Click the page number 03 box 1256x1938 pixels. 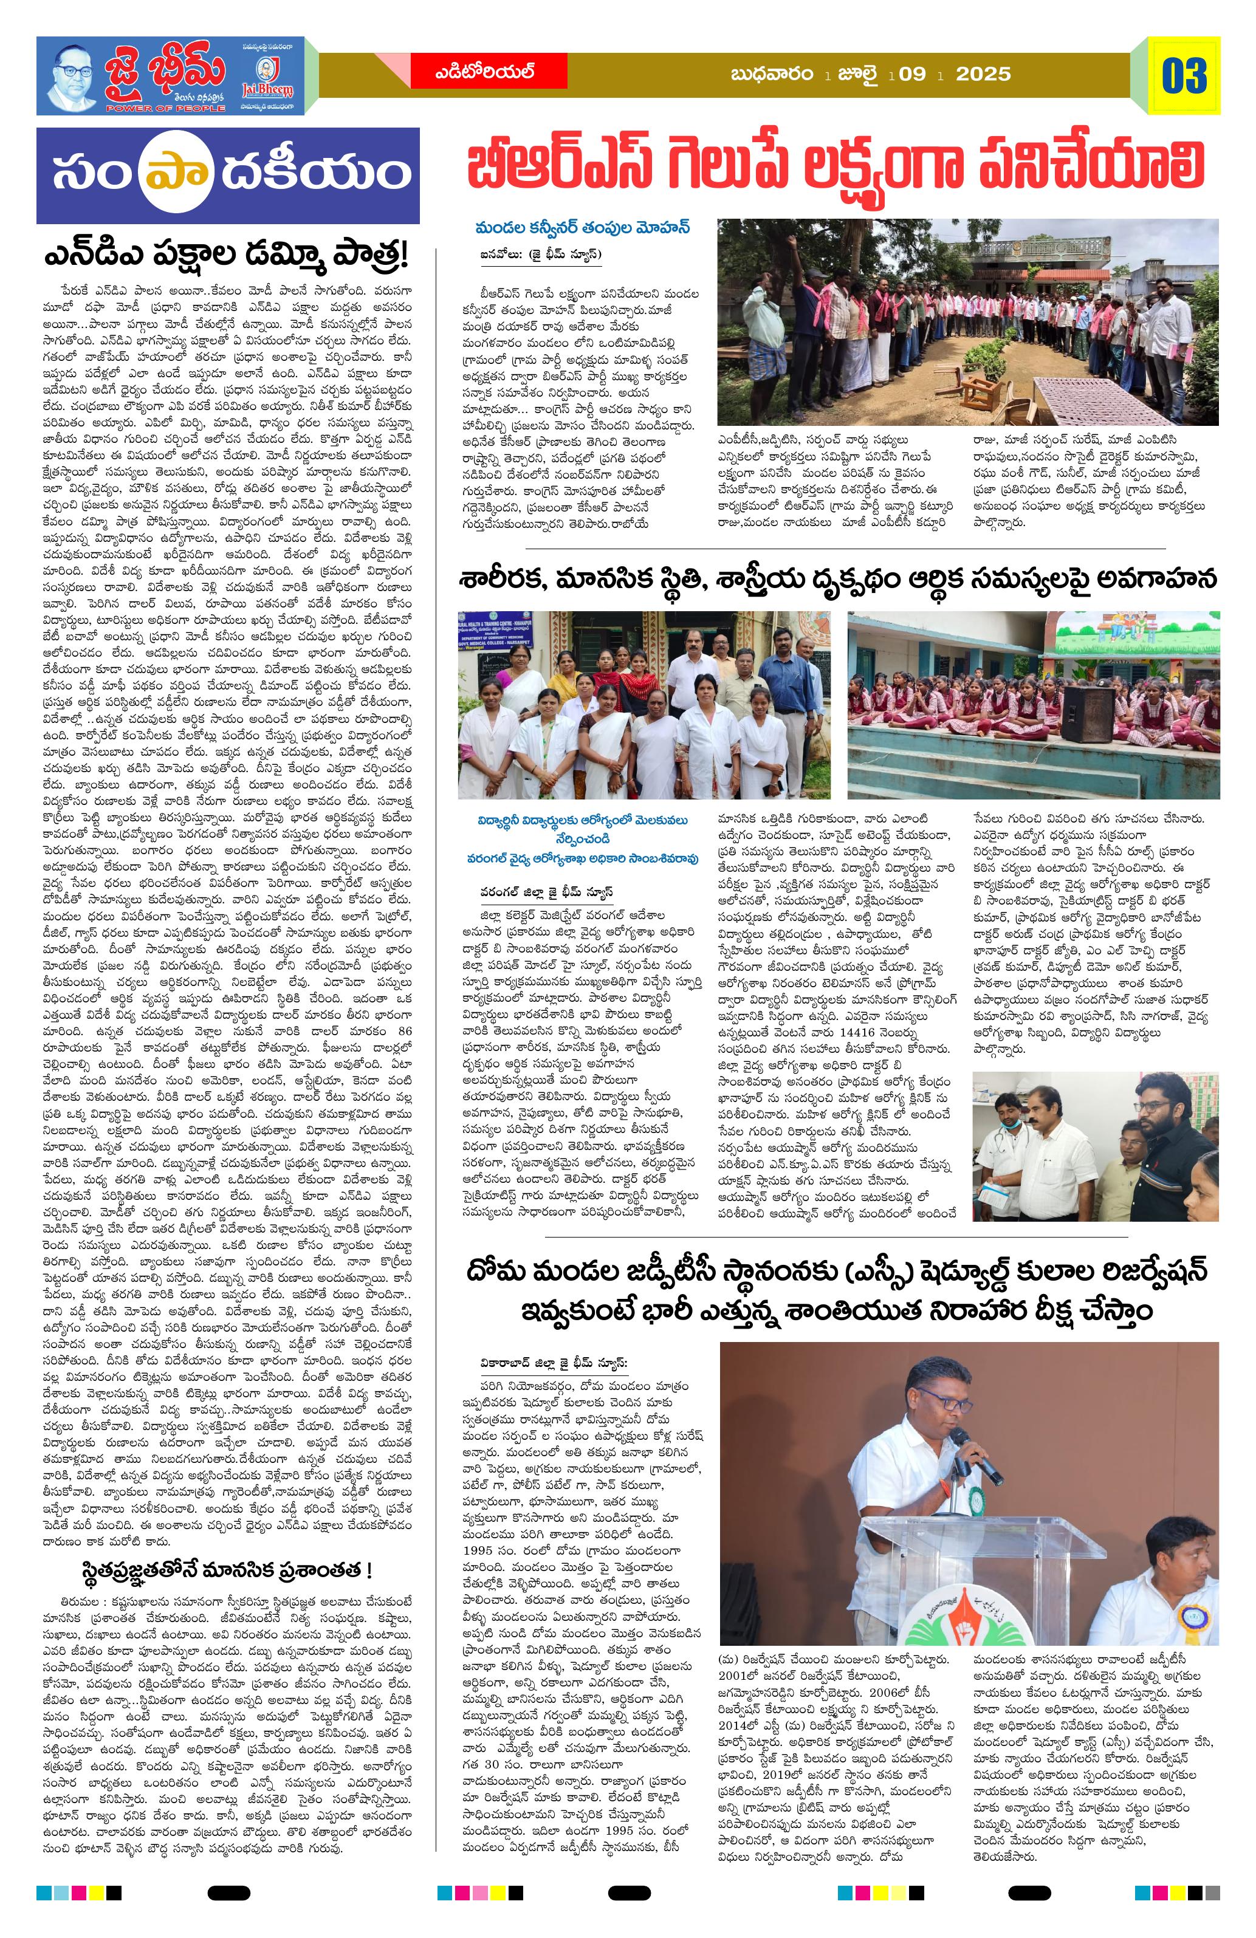[x=1184, y=76]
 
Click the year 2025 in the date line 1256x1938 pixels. [x=983, y=74]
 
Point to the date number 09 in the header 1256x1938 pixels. [x=912, y=74]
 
